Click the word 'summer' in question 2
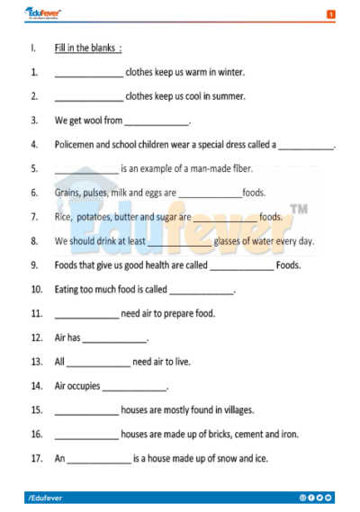tap(229, 96)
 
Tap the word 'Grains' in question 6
tap(67, 193)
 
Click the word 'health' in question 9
tap(159, 265)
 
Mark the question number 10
tap(36, 290)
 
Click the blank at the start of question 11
tap(85, 315)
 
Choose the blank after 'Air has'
tap(114, 339)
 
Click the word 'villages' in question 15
tap(230, 410)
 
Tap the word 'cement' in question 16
tap(238, 435)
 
